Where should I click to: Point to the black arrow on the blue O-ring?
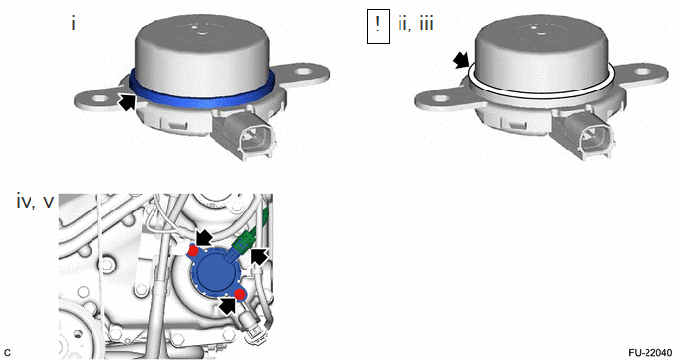tap(126, 100)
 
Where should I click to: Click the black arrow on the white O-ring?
tap(462, 61)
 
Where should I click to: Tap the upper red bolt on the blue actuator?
tap(193, 250)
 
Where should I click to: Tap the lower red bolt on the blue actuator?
tap(239, 293)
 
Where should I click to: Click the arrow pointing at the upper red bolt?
tap(203, 237)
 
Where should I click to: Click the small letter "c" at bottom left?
tap(8, 351)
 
